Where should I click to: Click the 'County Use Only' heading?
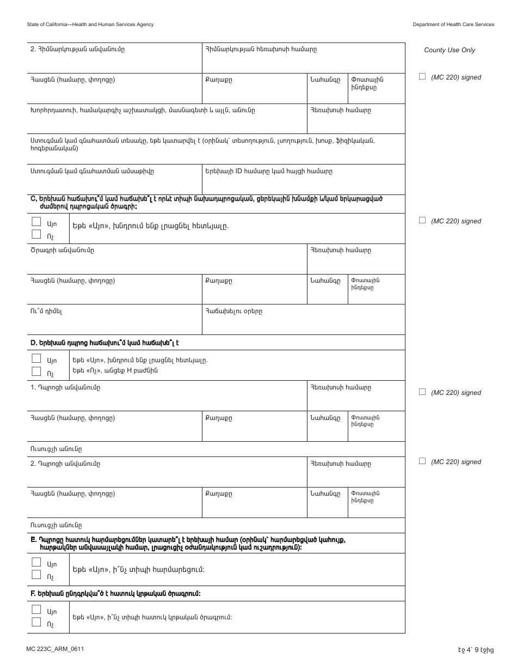coord(450,50)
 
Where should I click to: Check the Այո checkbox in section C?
coord(36,222)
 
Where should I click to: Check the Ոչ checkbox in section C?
coord(36,234)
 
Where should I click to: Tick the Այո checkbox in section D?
coord(36,358)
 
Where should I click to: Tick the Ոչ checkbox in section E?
coord(36,575)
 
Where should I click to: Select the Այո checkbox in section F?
coord(36,610)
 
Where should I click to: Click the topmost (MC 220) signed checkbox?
coord(422,77)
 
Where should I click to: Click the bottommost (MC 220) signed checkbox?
coord(422,461)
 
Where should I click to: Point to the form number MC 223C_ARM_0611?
coord(55,649)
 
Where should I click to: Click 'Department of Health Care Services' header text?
coord(453,25)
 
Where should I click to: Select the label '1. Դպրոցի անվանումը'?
coord(65,387)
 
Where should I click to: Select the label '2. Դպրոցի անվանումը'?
coord(65,464)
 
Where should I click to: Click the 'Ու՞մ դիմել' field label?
coord(46,312)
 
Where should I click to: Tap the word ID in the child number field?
coord(238,171)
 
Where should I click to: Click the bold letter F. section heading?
coord(34,594)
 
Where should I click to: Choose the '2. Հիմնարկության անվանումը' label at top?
coord(77,49)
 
